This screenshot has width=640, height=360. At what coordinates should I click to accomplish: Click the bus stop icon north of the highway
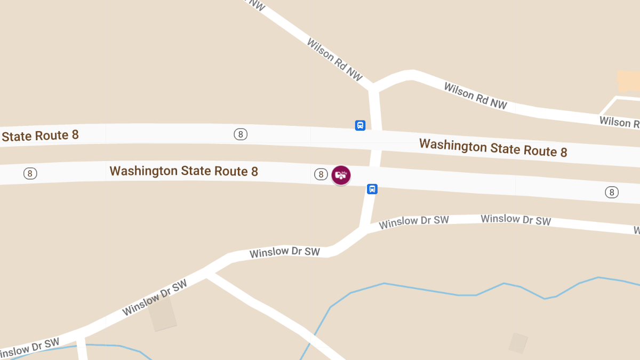pos(360,125)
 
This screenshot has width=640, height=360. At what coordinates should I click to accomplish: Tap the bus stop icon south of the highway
pos(372,189)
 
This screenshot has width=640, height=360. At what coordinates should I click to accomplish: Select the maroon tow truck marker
pos(341,174)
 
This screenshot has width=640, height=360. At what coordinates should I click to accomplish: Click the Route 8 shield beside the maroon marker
pos(321,174)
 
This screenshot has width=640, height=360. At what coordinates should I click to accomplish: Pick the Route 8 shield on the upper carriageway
pos(241,134)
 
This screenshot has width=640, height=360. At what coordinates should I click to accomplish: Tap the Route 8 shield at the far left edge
pos(30,173)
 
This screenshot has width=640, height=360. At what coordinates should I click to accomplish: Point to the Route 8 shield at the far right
pos(612,192)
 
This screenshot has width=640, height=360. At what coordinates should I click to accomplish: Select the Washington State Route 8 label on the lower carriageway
pos(183,171)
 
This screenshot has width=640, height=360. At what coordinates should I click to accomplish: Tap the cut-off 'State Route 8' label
pos(40,135)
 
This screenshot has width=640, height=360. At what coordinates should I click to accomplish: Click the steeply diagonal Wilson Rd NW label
pos(334,59)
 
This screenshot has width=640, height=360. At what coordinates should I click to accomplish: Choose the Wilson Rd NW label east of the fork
pos(475,96)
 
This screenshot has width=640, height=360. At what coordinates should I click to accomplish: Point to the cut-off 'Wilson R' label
pos(619,122)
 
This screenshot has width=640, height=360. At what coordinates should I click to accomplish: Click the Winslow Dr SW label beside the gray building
pos(155,298)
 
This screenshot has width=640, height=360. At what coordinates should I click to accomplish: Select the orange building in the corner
pos(628,81)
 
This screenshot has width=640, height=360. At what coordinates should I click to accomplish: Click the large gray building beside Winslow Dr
pos(162,314)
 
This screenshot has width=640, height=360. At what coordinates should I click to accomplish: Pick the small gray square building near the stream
pos(518,343)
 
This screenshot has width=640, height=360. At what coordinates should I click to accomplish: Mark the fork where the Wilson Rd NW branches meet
pos(372,87)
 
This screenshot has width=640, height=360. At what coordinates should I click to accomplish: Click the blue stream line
pos(427,290)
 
